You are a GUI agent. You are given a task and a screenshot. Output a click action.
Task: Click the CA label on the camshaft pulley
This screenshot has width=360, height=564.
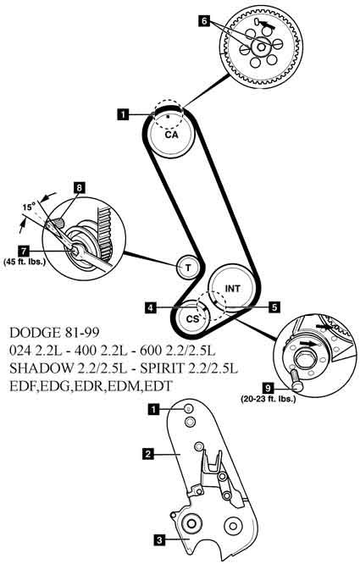click(172, 135)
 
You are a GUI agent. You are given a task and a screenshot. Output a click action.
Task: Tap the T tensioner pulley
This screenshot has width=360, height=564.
click(188, 268)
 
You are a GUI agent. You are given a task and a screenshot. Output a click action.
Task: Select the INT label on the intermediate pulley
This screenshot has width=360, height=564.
click(233, 288)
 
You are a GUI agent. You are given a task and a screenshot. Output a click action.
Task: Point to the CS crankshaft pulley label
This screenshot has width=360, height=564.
click(193, 318)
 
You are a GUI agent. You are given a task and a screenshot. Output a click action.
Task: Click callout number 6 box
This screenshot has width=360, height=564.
click(204, 21)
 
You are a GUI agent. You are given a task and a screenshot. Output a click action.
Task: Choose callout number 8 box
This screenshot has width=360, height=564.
click(80, 188)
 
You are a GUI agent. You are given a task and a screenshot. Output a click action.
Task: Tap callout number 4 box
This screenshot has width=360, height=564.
click(151, 307)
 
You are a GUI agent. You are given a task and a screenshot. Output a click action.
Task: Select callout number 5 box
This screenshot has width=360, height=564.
click(274, 307)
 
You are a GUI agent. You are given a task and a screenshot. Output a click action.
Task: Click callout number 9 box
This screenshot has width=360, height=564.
click(267, 388)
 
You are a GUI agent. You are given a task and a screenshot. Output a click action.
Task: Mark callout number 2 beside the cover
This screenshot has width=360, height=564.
click(148, 454)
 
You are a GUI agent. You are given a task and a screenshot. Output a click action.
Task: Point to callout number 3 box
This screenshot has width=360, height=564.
click(159, 539)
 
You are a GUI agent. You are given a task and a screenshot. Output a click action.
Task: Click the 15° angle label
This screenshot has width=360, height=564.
click(29, 207)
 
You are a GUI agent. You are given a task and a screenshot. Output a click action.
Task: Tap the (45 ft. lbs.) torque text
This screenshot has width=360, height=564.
click(25, 262)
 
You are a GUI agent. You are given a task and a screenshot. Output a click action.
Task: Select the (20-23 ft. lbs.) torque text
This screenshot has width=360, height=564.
click(269, 399)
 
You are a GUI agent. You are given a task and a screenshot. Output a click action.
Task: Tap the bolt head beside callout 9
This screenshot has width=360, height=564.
click(298, 386)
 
